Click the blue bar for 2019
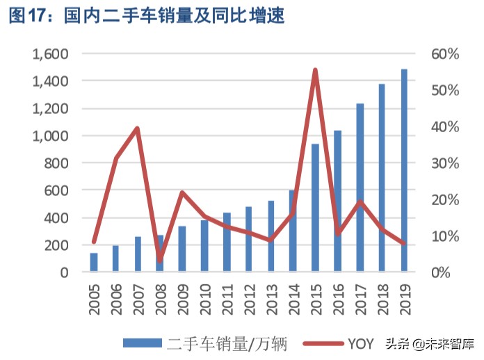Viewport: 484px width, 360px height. click(404, 170)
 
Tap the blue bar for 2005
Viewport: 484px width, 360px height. click(94, 262)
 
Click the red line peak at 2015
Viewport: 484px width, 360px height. click(315, 70)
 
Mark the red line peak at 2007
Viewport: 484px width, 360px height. click(138, 129)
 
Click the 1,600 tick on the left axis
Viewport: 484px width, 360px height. click(50, 54)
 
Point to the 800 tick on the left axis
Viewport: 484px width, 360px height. click(55, 163)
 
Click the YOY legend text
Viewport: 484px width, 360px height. click(361, 343)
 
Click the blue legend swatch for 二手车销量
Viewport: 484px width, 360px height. click(143, 343)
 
